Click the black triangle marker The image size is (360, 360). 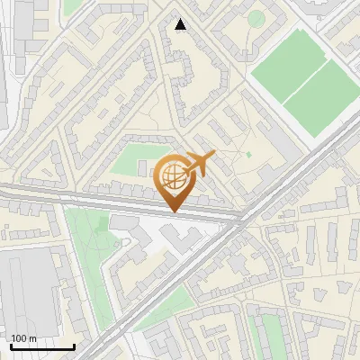click(x=181, y=24)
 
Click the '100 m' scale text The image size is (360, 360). click(x=23, y=337)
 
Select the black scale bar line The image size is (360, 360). click(x=41, y=347)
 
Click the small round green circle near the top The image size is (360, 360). click(x=256, y=18)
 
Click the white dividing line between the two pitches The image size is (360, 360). click(x=304, y=83)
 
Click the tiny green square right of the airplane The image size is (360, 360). click(x=249, y=154)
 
